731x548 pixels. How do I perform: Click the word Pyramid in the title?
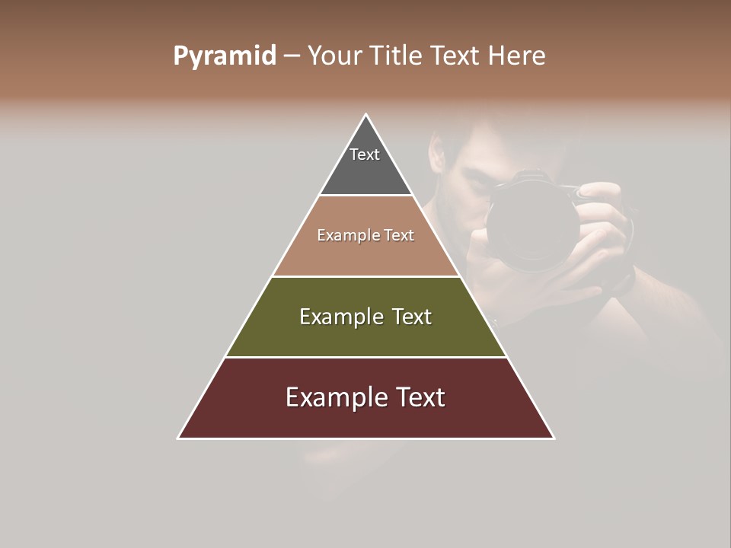(224, 56)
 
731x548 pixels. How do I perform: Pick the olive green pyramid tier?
(365, 335)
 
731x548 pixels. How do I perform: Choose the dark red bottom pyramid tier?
(365, 415)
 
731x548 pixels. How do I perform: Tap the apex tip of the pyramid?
(366, 116)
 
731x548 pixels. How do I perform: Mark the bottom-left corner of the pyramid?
(179, 438)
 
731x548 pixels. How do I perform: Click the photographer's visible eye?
(476, 183)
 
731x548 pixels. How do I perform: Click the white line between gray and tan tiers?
(365, 196)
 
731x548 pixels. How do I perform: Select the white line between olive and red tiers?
(365, 357)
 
